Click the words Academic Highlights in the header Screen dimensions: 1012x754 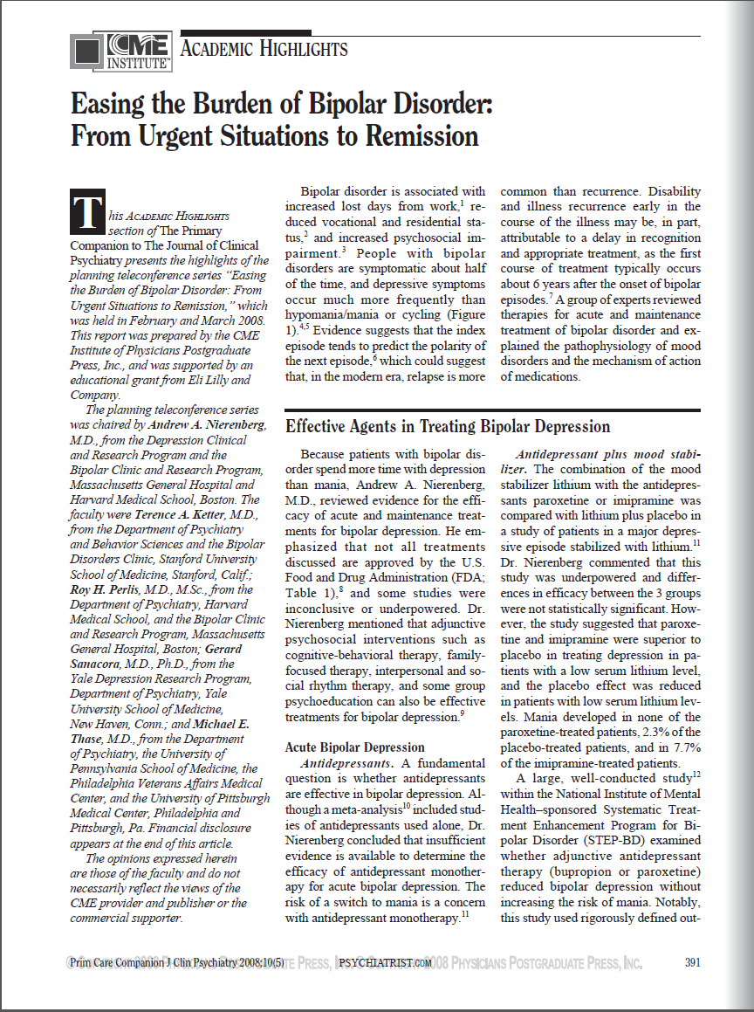(264, 49)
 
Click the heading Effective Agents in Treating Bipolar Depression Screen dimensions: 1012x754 (448, 427)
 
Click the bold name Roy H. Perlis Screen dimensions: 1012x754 (107, 589)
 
